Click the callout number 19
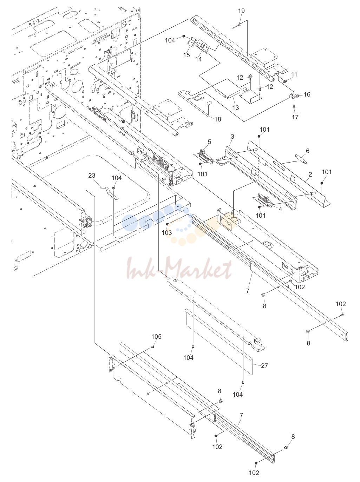[x=241, y=11]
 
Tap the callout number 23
[x=92, y=175]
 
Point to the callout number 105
[x=156, y=336]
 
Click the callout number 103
[x=167, y=232]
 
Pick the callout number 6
[x=308, y=151]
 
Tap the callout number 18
[x=218, y=119]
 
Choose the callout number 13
[x=235, y=108]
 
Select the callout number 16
[x=307, y=94]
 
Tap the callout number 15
[x=186, y=55]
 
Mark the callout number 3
[x=233, y=137]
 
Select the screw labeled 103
[x=167, y=224]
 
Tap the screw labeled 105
[x=152, y=347]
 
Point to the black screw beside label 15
[x=184, y=36]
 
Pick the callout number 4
[x=280, y=209]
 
